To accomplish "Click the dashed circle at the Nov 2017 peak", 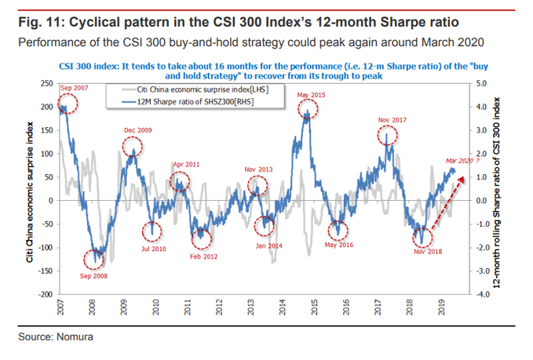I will [387, 135].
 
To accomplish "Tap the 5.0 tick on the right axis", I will [484, 82].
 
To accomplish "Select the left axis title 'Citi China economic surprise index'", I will [30, 188].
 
